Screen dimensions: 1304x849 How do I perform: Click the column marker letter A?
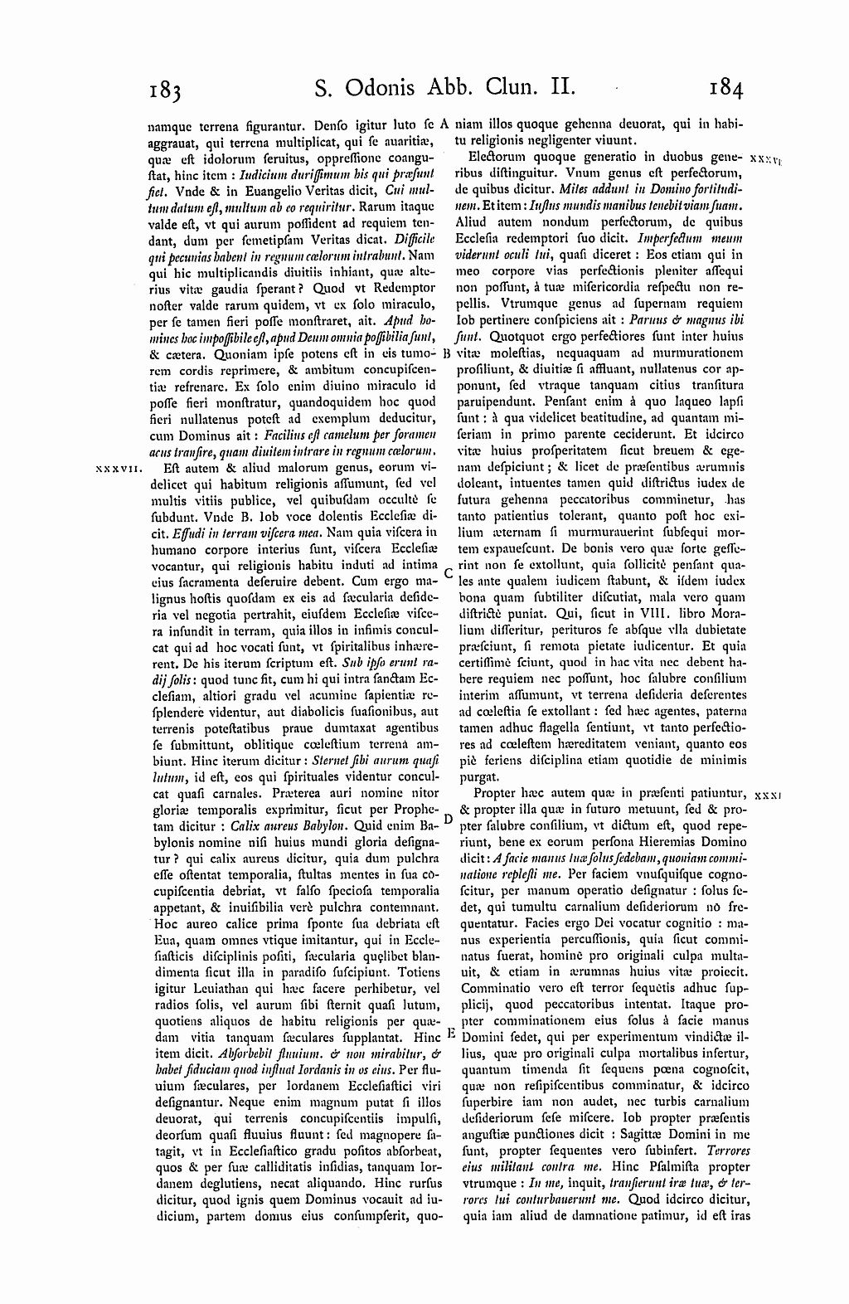(444, 124)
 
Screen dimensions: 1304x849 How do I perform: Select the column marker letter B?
(446, 352)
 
